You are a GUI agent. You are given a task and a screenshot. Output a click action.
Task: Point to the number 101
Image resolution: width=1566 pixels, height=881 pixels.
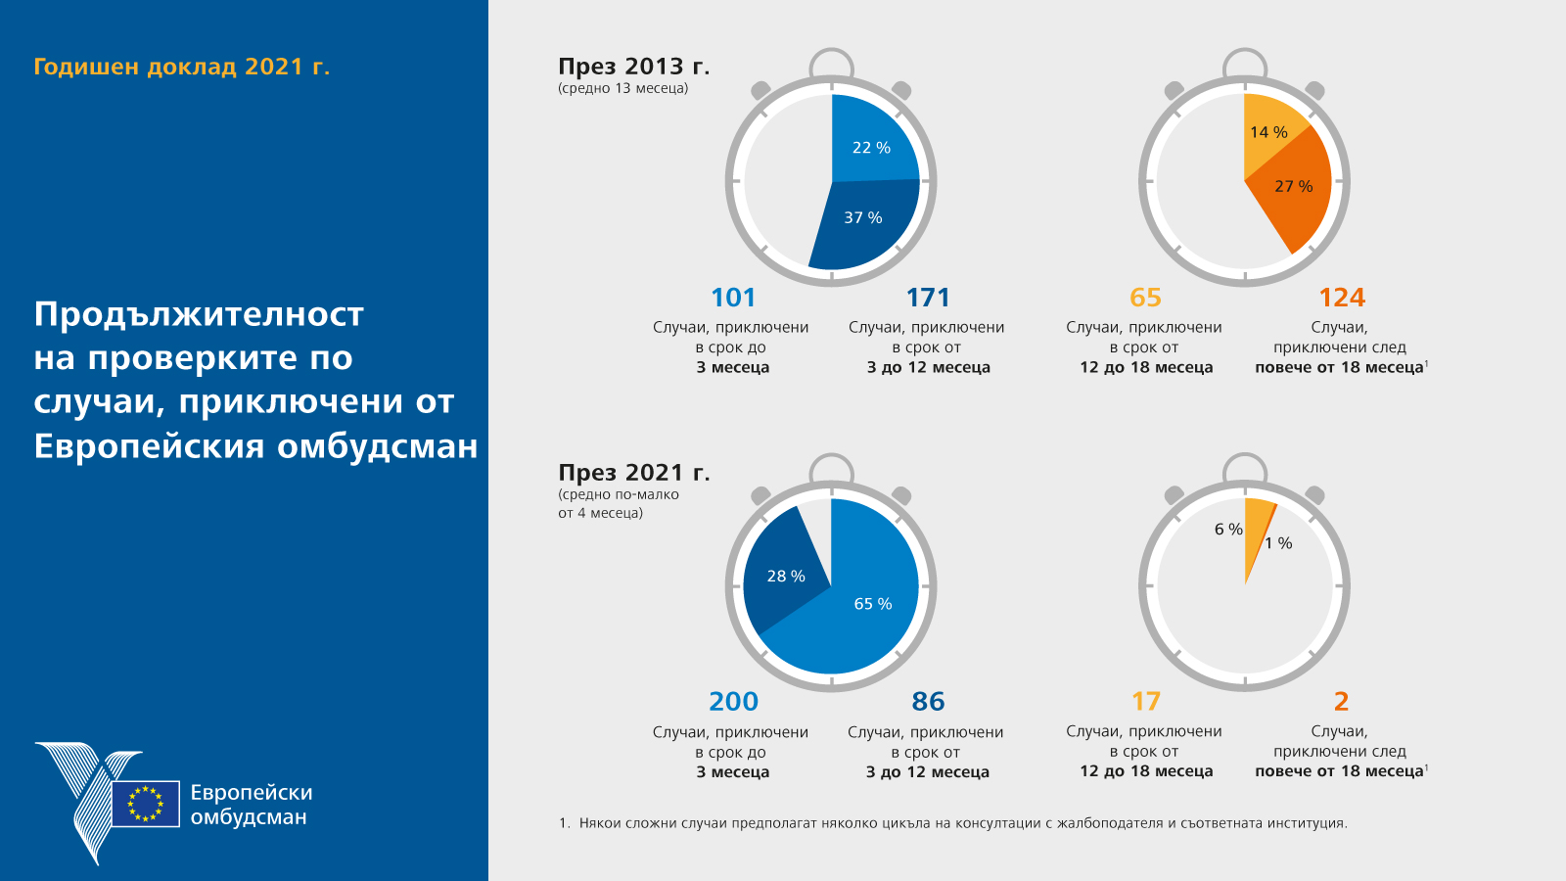coord(733,298)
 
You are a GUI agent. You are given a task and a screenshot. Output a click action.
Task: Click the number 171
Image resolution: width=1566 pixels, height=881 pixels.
coord(928,298)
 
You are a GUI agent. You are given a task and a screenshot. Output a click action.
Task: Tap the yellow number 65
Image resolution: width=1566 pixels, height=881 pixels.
coord(1145,298)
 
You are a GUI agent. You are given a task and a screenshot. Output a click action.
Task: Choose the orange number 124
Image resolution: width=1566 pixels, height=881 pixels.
coord(1341,298)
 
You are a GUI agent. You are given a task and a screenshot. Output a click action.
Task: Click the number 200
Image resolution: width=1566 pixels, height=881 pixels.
coord(733,702)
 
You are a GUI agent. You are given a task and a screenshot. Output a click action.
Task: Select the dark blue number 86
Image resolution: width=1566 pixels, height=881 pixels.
coord(928,702)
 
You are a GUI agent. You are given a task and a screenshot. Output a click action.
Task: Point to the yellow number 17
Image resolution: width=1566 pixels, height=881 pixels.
coord(1145,702)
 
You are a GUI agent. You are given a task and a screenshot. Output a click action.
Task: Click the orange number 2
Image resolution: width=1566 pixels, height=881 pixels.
coord(1341,702)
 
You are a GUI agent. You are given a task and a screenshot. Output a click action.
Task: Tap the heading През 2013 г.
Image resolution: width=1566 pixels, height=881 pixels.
coord(633,67)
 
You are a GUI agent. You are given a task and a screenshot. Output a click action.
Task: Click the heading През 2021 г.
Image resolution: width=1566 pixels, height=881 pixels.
coord(633,473)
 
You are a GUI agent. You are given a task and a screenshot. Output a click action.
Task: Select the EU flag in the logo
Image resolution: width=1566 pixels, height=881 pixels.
coord(146,804)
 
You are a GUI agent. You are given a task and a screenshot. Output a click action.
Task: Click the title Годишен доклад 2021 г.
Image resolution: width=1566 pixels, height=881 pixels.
coord(181,67)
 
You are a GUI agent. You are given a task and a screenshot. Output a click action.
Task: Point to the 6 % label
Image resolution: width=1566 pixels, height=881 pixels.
coord(1227,530)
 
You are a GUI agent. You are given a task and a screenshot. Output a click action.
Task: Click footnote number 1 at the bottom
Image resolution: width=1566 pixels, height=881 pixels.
coord(564,823)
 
